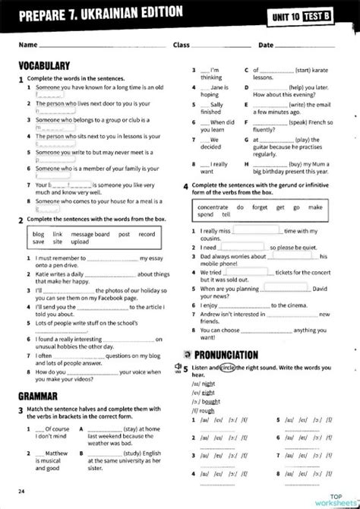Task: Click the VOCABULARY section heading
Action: pos(45,66)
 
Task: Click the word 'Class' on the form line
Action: pos(182,46)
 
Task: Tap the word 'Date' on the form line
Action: pos(267,46)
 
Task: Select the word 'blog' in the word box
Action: pos(38,234)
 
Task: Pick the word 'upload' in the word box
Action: pos(80,242)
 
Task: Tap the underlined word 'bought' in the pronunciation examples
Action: pos(210,400)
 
